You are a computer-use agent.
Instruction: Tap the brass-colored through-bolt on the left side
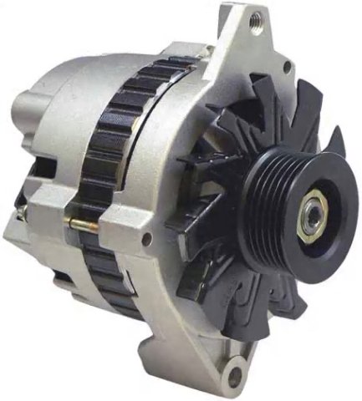[x=80, y=225]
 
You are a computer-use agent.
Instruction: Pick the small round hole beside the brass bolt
[x=147, y=241]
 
